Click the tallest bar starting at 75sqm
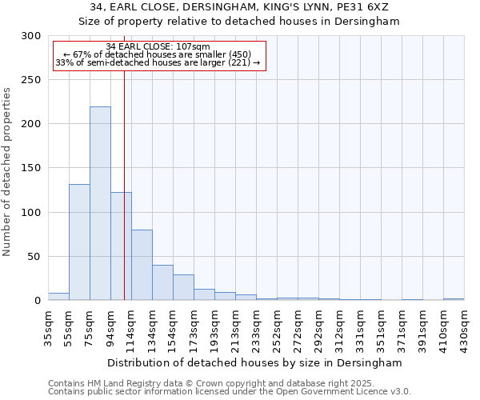[x=100, y=204]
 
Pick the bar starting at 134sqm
[x=162, y=282]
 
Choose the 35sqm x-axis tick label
[x=49, y=325]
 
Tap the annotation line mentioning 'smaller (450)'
[x=158, y=54]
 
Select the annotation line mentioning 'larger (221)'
[x=158, y=62]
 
